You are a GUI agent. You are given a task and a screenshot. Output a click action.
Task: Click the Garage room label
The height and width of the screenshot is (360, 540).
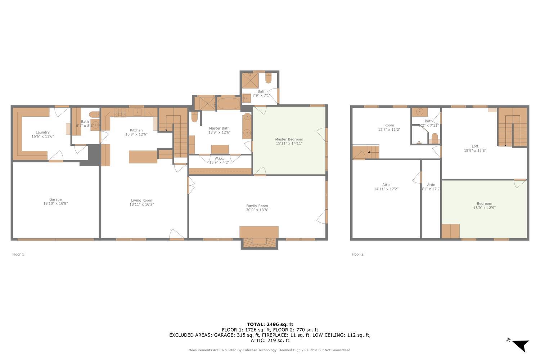(x=55, y=199)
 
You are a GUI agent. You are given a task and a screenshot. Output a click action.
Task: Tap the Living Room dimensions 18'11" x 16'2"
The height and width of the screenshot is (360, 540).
(x=141, y=204)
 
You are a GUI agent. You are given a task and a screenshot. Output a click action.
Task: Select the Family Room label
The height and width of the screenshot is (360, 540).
(x=257, y=206)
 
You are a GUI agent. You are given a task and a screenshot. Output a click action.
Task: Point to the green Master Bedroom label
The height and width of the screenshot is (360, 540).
(x=289, y=139)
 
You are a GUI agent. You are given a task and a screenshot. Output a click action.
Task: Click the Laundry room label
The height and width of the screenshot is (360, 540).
(x=42, y=132)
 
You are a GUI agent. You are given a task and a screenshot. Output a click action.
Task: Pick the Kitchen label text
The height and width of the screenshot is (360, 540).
(x=136, y=130)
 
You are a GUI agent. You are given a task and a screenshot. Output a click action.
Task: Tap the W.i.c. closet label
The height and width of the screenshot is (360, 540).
(x=219, y=158)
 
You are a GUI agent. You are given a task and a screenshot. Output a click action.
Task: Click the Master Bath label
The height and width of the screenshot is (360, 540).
(x=219, y=128)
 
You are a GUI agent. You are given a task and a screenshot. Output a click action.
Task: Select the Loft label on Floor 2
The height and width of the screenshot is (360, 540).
(x=475, y=146)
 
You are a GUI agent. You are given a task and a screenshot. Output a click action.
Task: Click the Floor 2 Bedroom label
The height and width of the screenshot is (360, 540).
(x=484, y=204)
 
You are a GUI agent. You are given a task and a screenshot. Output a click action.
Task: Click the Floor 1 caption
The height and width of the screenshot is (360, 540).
(x=18, y=254)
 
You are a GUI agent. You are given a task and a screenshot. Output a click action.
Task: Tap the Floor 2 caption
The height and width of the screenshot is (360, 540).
(x=357, y=254)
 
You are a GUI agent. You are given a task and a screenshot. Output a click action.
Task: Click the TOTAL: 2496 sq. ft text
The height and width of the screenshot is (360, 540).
(x=270, y=324)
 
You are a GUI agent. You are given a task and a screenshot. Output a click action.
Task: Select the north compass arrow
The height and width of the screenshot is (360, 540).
(x=521, y=345)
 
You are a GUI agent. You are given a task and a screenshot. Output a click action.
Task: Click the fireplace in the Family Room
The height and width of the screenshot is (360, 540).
(x=259, y=242)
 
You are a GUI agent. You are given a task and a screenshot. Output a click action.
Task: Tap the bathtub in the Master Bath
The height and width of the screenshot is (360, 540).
(x=228, y=104)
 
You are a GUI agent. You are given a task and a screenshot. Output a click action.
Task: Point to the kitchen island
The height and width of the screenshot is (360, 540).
(x=143, y=157)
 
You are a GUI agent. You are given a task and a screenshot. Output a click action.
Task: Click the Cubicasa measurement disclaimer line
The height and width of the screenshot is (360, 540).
(x=270, y=350)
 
